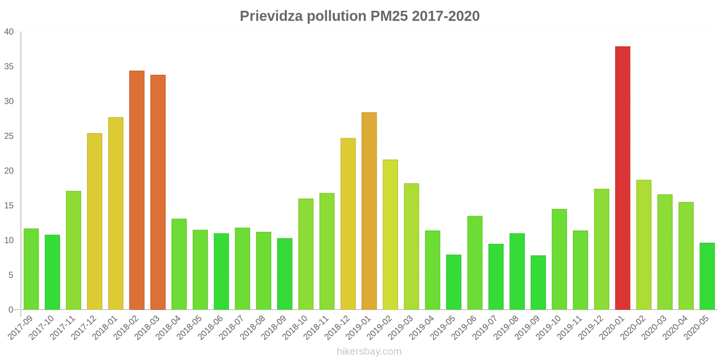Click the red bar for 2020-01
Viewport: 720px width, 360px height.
622,178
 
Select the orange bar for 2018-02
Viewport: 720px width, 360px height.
137,190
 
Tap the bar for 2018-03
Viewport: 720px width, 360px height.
158,192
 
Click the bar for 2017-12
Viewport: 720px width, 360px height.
94,221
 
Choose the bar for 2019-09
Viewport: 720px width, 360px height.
538,283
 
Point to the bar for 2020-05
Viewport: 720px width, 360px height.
707,276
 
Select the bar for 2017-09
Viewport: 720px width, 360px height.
31,269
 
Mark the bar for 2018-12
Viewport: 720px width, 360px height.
348,224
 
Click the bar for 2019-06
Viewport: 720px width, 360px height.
475,263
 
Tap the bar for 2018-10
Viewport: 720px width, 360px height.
306,254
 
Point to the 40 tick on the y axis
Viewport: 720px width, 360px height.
9,32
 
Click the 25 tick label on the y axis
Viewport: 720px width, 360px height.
9,136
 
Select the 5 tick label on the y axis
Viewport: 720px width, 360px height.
11,275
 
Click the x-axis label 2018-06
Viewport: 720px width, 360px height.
211,327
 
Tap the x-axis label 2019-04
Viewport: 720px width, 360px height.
422,327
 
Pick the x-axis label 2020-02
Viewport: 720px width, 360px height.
633,327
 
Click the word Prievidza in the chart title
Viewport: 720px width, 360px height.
271,16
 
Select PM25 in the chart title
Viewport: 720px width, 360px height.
389,16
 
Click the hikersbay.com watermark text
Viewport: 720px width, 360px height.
369,351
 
